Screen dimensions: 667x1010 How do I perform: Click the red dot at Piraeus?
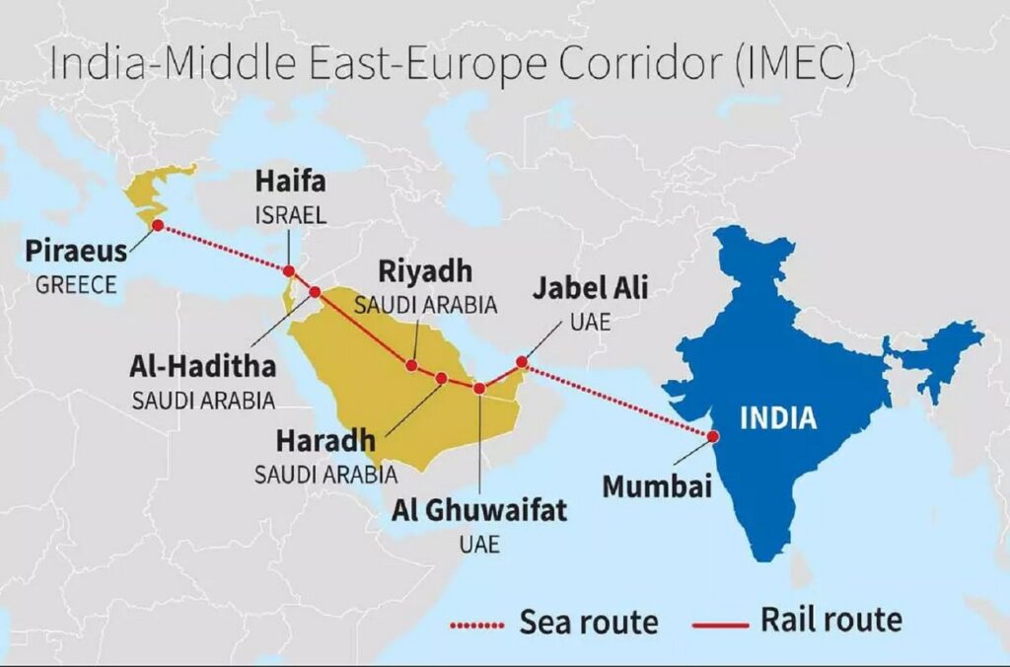[x=157, y=226]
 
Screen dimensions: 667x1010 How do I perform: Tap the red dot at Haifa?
[x=289, y=271]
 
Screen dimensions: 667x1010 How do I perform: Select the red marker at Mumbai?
[x=711, y=435]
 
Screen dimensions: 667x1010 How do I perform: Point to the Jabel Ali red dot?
[x=522, y=363]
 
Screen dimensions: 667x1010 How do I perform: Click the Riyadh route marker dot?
[x=411, y=365]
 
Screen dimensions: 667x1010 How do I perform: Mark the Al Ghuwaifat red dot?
[x=479, y=389]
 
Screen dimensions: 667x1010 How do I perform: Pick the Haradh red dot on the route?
[x=442, y=378]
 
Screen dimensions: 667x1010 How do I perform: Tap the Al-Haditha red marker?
[x=315, y=292]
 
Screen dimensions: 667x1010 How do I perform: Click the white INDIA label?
[x=778, y=418]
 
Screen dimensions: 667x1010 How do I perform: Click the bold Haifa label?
[x=290, y=182]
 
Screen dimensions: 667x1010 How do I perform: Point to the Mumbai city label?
[x=657, y=486]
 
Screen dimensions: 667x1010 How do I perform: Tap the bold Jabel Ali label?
[x=591, y=289]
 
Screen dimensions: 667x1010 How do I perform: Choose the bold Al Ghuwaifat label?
[x=479, y=510]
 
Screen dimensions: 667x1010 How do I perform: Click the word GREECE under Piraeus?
[x=76, y=285]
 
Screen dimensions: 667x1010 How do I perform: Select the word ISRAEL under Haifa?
[x=290, y=214]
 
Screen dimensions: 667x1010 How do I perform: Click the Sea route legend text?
[x=588, y=623]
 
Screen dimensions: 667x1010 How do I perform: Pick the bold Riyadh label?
[x=425, y=271]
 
